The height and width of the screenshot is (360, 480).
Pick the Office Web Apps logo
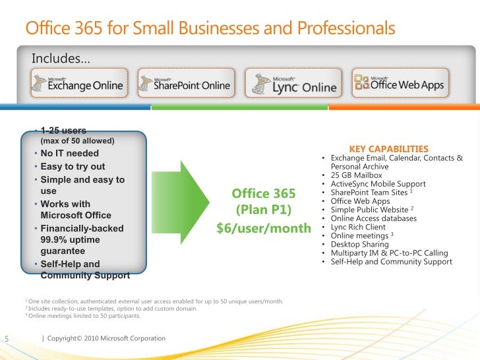tap(399, 83)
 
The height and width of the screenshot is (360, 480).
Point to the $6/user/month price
tap(264, 228)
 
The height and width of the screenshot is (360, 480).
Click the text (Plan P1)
tap(264, 210)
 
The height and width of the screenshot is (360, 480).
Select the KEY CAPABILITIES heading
tap(388, 149)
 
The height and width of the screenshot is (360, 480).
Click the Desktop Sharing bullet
tap(361, 244)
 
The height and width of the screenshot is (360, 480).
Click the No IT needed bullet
tap(70, 154)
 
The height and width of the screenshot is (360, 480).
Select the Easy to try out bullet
tap(73, 166)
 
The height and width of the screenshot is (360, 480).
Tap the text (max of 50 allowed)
tap(78, 141)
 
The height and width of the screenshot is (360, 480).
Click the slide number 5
tap(5, 339)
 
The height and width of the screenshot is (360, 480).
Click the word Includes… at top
tap(61, 61)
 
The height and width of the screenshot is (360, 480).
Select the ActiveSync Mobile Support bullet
tap(378, 184)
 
